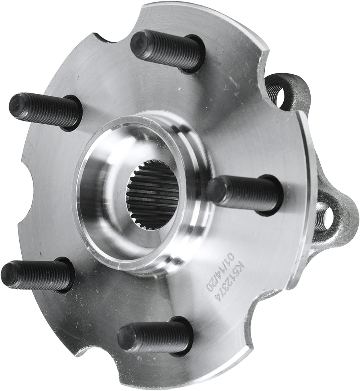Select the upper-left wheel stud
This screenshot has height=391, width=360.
[46, 111]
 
